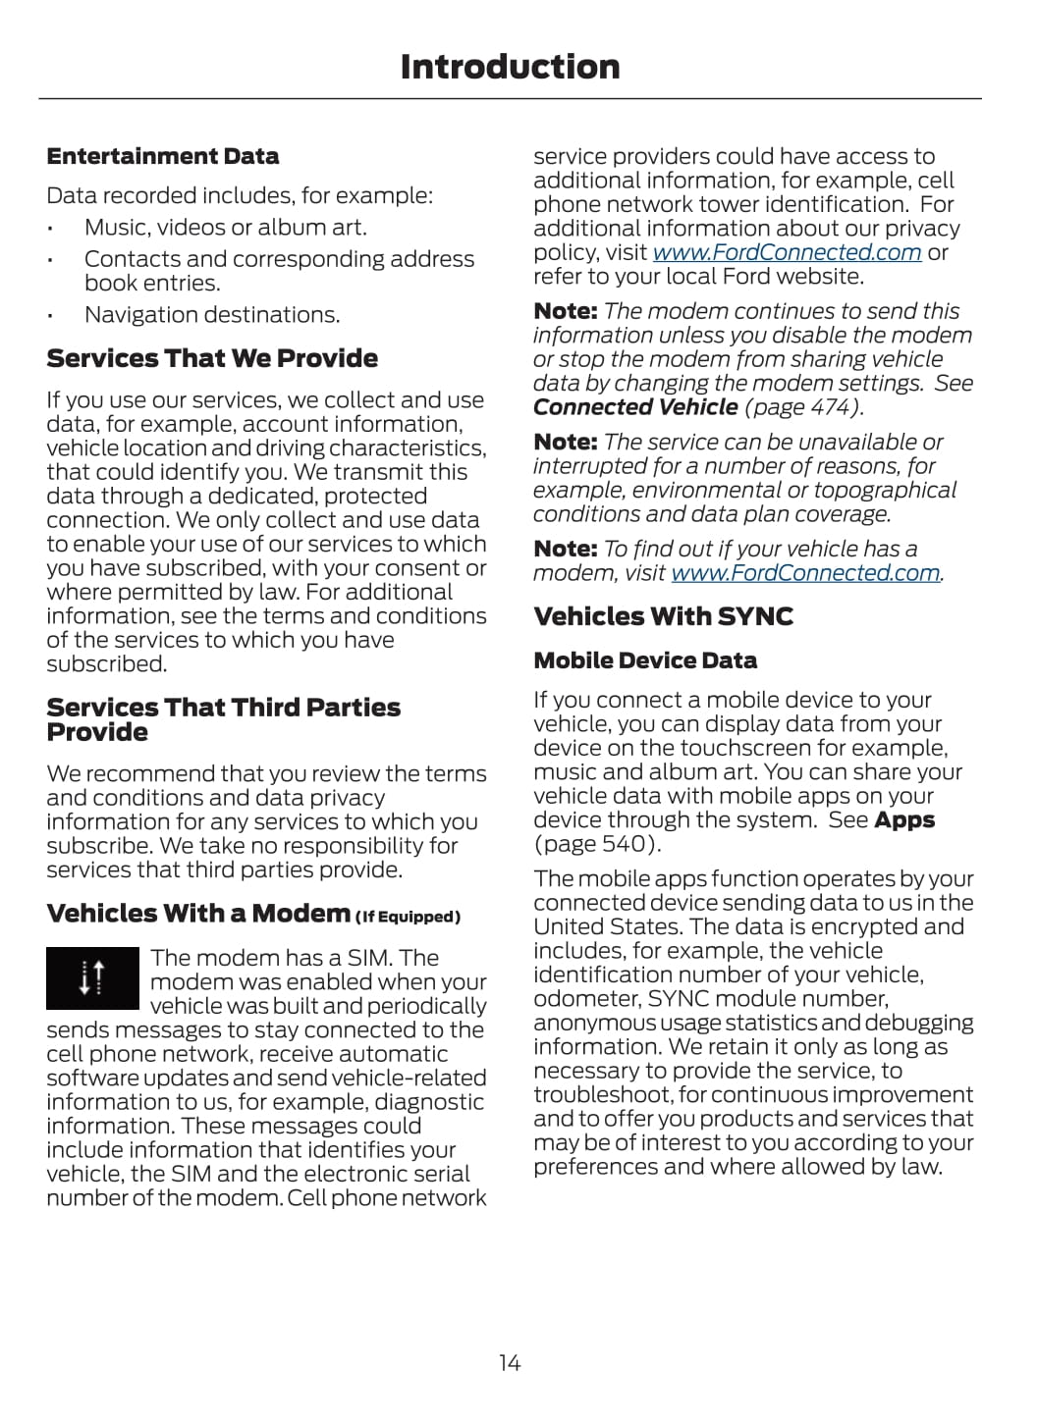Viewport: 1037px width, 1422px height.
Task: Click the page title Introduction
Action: click(x=510, y=67)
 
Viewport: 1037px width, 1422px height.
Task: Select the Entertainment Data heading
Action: click(x=162, y=156)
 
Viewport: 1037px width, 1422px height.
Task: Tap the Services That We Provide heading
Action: click(x=212, y=358)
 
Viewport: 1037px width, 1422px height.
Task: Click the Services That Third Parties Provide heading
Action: click(x=223, y=719)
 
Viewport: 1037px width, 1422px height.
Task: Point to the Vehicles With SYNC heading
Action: click(x=663, y=616)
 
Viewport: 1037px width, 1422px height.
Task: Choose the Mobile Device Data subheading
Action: click(x=645, y=660)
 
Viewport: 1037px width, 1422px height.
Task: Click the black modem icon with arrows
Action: click(x=92, y=977)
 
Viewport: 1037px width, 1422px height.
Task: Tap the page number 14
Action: click(x=510, y=1362)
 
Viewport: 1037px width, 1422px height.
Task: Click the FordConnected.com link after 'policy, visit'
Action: click(x=787, y=252)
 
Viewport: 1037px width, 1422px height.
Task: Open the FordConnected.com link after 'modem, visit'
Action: click(x=805, y=573)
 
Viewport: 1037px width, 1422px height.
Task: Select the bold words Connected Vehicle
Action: click(x=635, y=407)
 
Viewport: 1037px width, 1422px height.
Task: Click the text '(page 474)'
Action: click(x=804, y=407)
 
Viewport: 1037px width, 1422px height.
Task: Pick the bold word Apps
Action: click(x=904, y=820)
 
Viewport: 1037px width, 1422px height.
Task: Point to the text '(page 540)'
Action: click(x=597, y=844)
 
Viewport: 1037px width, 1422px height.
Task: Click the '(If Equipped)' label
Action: click(x=408, y=918)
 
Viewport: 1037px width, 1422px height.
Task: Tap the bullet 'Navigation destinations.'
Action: click(x=212, y=315)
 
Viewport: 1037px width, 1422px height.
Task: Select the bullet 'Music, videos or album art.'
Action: click(x=225, y=228)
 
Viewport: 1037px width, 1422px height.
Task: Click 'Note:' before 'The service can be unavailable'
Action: click(x=565, y=443)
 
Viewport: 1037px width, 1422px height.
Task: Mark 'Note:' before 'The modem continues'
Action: click(x=565, y=311)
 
